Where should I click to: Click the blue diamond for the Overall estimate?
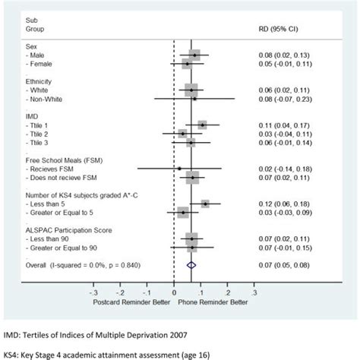pyautogui.click(x=192, y=264)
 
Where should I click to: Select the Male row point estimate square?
pyautogui.click(x=195, y=55)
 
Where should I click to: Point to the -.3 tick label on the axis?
pyautogui.click(x=93, y=291)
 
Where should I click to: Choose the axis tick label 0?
pyautogui.click(x=174, y=291)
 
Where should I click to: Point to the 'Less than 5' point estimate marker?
pyautogui.click(x=205, y=204)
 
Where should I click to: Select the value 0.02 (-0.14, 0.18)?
pyautogui.click(x=286, y=169)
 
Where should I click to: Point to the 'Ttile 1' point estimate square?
pyautogui.click(x=202, y=124)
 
